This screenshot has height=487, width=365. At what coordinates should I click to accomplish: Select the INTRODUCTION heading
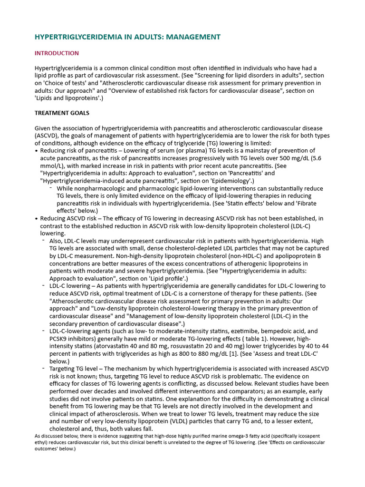tap(57, 53)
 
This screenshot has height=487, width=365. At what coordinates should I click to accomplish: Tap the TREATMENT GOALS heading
tap(62, 113)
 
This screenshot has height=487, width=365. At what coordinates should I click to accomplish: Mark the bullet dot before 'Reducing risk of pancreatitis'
tap(37, 151)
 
